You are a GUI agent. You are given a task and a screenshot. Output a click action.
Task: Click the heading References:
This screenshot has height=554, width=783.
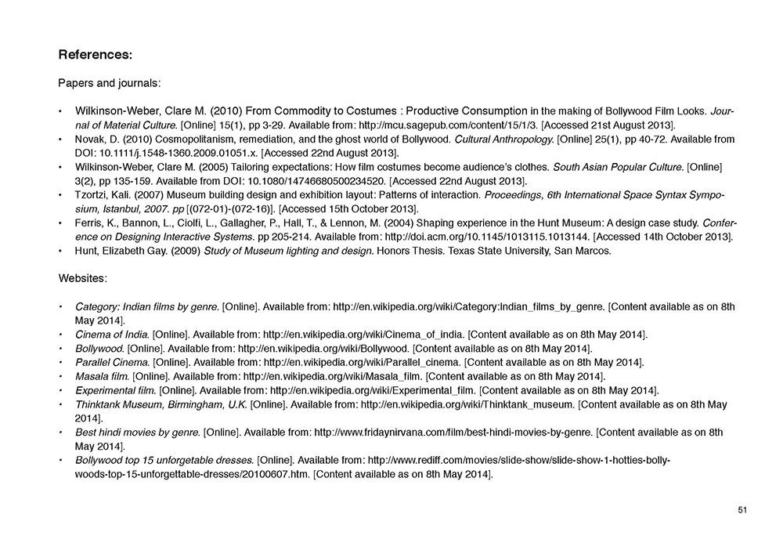(x=95, y=55)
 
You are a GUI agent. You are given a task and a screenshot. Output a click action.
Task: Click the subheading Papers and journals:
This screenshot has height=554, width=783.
(x=110, y=82)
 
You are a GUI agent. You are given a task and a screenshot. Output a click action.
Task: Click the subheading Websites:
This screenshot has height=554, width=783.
(x=83, y=278)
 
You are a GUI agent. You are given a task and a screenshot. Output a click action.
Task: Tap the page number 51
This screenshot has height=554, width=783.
(x=742, y=510)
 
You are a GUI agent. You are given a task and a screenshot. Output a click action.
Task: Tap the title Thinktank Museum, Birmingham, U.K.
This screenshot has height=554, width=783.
(x=161, y=404)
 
